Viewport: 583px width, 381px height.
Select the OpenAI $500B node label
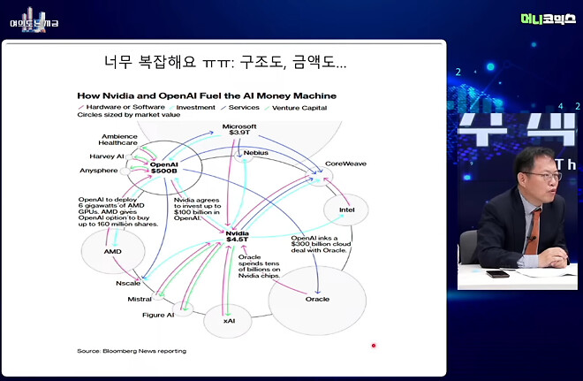(165, 168)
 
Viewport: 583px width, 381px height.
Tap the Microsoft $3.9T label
(239, 130)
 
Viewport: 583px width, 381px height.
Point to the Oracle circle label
(317, 299)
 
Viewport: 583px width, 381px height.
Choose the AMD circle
(112, 251)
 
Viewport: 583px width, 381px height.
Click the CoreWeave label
(345, 164)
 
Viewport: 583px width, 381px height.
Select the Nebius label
(256, 153)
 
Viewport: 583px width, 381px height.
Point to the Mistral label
(140, 299)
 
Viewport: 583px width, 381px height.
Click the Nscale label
(128, 283)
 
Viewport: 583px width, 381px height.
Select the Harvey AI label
(108, 156)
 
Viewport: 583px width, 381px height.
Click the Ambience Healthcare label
(117, 138)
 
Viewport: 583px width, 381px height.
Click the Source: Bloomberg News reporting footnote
(132, 351)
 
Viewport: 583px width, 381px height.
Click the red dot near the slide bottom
(375, 346)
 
